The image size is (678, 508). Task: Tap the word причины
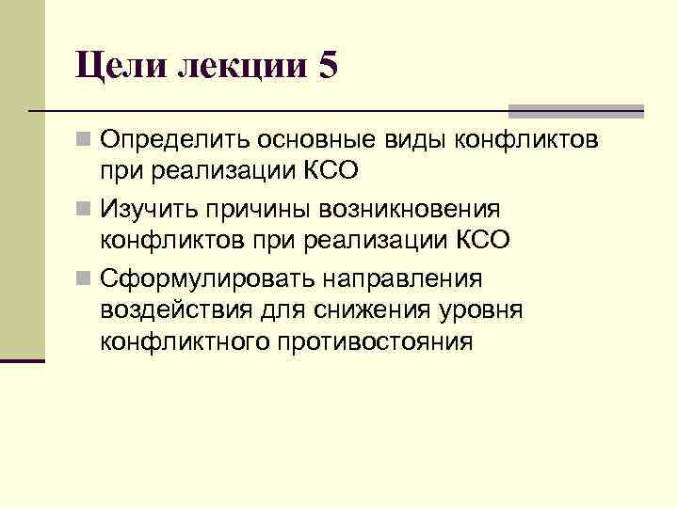(x=260, y=208)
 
